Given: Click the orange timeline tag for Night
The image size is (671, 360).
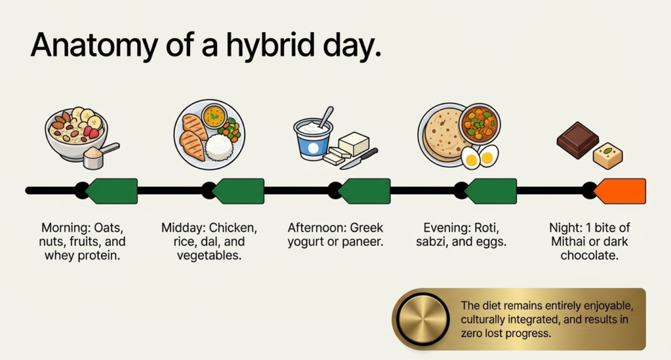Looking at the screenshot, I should click(621, 191).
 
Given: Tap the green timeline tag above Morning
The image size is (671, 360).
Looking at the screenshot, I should click(112, 191).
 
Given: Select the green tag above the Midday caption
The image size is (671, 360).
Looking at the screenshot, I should click(239, 191).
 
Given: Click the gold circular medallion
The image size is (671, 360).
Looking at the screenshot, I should click(422, 319).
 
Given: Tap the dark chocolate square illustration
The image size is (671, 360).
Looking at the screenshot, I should click(577, 139).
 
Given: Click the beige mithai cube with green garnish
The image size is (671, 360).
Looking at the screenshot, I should click(607, 155).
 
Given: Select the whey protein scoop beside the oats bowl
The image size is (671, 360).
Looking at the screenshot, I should click(101, 155).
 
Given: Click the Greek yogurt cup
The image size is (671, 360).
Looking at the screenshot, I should click(314, 139).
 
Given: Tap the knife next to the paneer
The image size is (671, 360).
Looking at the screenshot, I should click(359, 158).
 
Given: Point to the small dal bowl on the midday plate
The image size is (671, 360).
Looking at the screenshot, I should click(214, 116).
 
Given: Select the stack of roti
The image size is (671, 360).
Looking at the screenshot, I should click(442, 134).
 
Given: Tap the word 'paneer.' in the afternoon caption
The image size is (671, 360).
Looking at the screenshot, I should click(363, 242).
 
